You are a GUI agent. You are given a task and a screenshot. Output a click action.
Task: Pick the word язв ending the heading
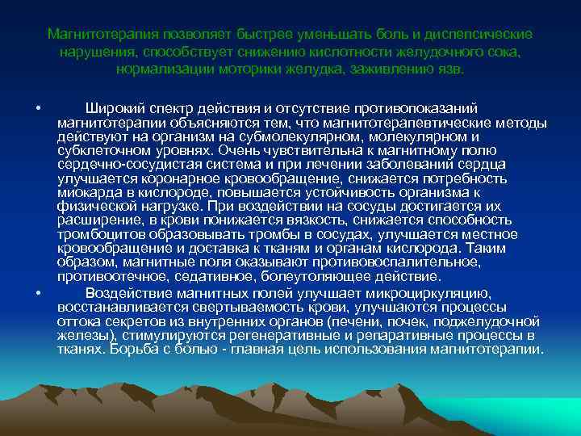click(450, 69)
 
